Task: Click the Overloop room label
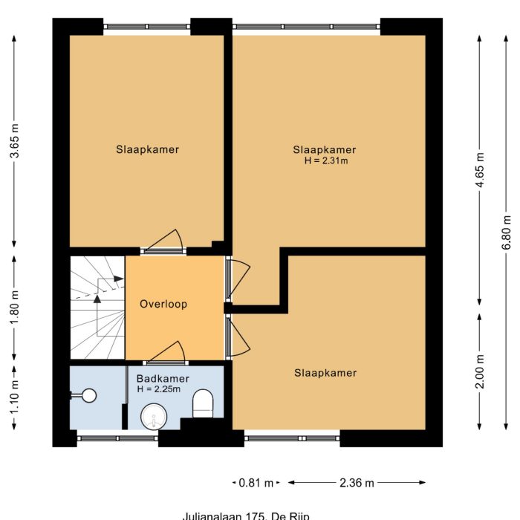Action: point(163,304)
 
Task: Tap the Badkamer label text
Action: point(163,378)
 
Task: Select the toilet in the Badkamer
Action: point(203,405)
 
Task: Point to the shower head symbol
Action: point(89,396)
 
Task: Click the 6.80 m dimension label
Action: point(507,233)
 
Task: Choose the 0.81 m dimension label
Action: point(256,483)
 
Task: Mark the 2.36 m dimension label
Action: point(357,483)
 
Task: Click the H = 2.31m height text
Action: point(325,160)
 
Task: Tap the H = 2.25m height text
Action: point(163,389)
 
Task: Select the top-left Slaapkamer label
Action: point(147,149)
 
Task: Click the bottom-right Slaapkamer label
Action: point(325,373)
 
